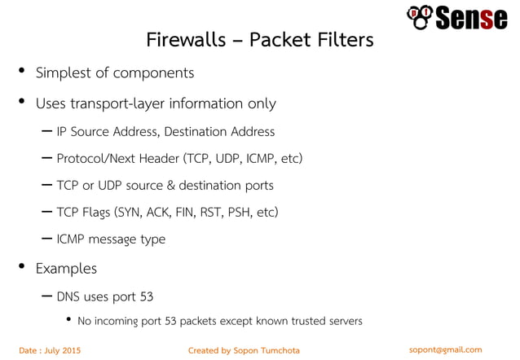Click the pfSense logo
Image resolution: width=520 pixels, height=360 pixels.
[456, 16]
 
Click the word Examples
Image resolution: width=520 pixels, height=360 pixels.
[66, 268]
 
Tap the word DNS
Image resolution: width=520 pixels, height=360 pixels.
[68, 295]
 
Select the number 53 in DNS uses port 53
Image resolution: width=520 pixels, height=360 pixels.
[146, 295]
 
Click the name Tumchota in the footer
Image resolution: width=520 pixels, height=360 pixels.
[278, 350]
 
